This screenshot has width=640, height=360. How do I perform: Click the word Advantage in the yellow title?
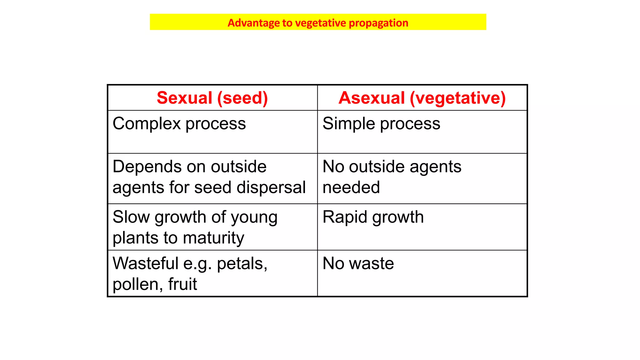(253, 23)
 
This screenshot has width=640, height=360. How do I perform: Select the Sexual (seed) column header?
(212, 98)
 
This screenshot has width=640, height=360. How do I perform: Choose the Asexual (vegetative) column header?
(422, 98)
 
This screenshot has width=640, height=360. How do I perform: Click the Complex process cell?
(179, 124)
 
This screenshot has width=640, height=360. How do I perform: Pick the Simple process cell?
(381, 124)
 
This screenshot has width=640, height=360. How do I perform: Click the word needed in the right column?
(351, 187)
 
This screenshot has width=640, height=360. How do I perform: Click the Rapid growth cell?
(373, 217)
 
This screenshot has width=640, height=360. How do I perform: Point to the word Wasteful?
(145, 263)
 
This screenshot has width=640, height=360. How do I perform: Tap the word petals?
(242, 263)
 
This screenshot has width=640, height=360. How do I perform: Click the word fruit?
(182, 284)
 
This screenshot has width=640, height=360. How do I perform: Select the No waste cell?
(358, 263)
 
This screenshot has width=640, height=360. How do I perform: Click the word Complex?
(147, 124)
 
